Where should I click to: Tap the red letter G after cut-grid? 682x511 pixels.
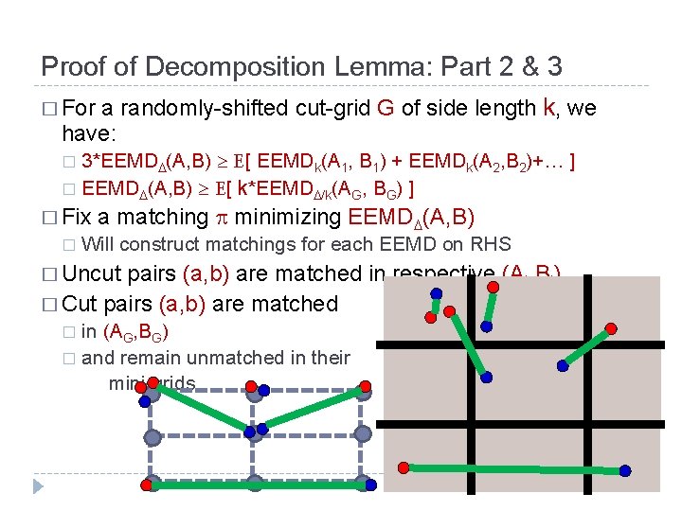[x=386, y=109]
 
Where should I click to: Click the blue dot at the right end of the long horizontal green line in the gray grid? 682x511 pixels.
[x=625, y=470]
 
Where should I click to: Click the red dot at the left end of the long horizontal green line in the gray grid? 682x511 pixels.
[x=404, y=467]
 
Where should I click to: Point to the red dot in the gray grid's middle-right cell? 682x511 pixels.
[x=611, y=328]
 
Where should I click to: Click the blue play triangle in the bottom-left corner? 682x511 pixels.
[x=38, y=486]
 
